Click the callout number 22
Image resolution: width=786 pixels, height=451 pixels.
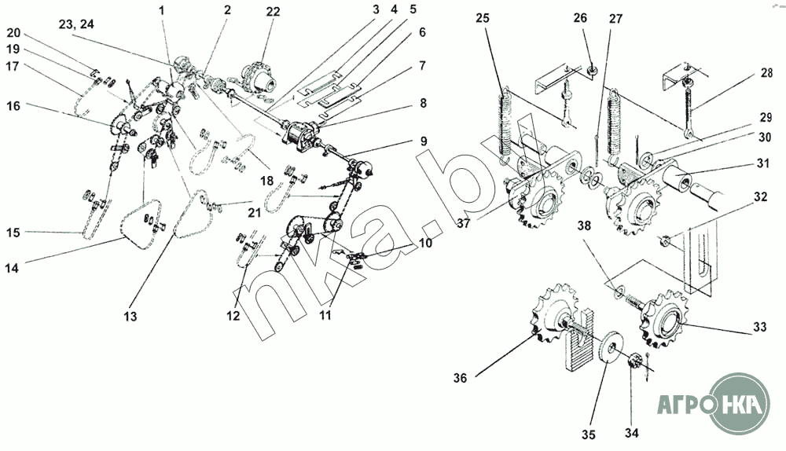[273, 11]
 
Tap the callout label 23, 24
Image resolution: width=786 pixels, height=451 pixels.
[76, 24]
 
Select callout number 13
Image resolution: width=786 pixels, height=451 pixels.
[130, 316]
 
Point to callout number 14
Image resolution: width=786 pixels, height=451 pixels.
[12, 269]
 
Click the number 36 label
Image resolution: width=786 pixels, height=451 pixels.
[460, 378]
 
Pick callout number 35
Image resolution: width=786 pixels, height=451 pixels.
[589, 434]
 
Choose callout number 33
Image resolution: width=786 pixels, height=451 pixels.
[760, 327]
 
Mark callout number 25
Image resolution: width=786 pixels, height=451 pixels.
[483, 18]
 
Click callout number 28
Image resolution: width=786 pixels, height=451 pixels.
[766, 72]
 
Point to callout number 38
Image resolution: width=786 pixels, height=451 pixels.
[584, 225]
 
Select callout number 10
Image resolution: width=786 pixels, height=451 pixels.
[425, 244]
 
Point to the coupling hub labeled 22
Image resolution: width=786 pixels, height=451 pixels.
[259, 79]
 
